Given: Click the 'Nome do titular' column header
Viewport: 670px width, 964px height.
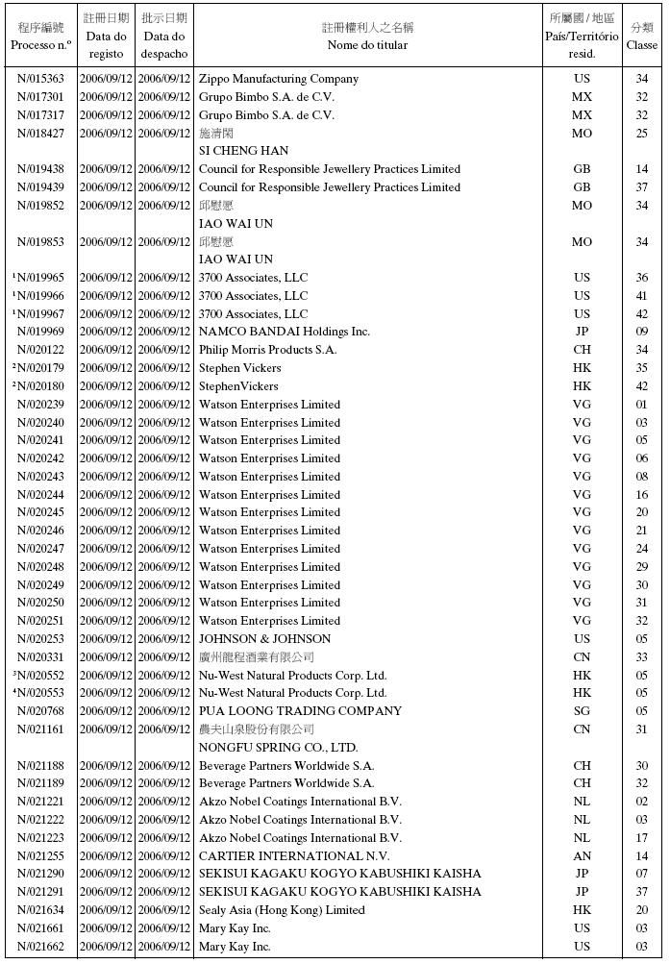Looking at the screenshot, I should click(367, 45).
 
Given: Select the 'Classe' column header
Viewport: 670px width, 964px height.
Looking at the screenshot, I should click(641, 45).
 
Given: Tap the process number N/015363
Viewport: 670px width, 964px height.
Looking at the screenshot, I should click(41, 79).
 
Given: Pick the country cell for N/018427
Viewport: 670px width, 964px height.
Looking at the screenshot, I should click(582, 134).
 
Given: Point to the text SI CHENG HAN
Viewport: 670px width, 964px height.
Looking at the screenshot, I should click(243, 151).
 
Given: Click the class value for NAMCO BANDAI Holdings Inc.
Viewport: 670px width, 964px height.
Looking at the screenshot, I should click(641, 333).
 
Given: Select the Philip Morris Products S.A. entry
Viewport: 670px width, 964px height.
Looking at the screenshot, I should click(267, 350).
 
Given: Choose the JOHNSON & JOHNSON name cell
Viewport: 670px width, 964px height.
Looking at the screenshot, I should click(264, 639).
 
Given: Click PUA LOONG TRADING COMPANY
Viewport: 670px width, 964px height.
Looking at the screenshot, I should click(300, 711).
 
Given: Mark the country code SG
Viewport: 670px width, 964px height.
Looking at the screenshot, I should click(582, 711).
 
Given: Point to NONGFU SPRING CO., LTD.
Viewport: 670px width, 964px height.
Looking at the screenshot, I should click(278, 748).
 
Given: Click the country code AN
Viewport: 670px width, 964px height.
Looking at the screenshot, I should click(582, 856).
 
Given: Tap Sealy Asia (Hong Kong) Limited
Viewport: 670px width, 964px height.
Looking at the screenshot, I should click(282, 910).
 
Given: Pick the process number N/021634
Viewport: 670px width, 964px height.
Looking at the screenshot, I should click(41, 910).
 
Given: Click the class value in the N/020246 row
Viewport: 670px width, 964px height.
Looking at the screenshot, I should click(641, 531).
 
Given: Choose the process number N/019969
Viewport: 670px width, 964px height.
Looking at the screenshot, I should click(41, 333).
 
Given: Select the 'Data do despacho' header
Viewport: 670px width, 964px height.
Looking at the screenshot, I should click(164, 45).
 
